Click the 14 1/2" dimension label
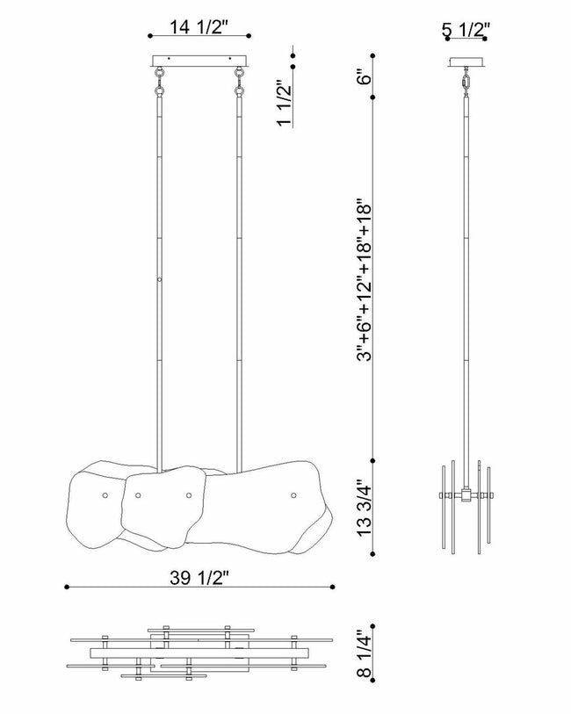[199, 27]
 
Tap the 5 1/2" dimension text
[466, 30]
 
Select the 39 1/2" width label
[199, 578]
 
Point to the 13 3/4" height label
[365, 508]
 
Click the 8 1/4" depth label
[365, 654]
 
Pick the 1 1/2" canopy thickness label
[285, 104]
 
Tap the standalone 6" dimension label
[365, 76]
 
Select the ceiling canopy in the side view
[466, 61]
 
